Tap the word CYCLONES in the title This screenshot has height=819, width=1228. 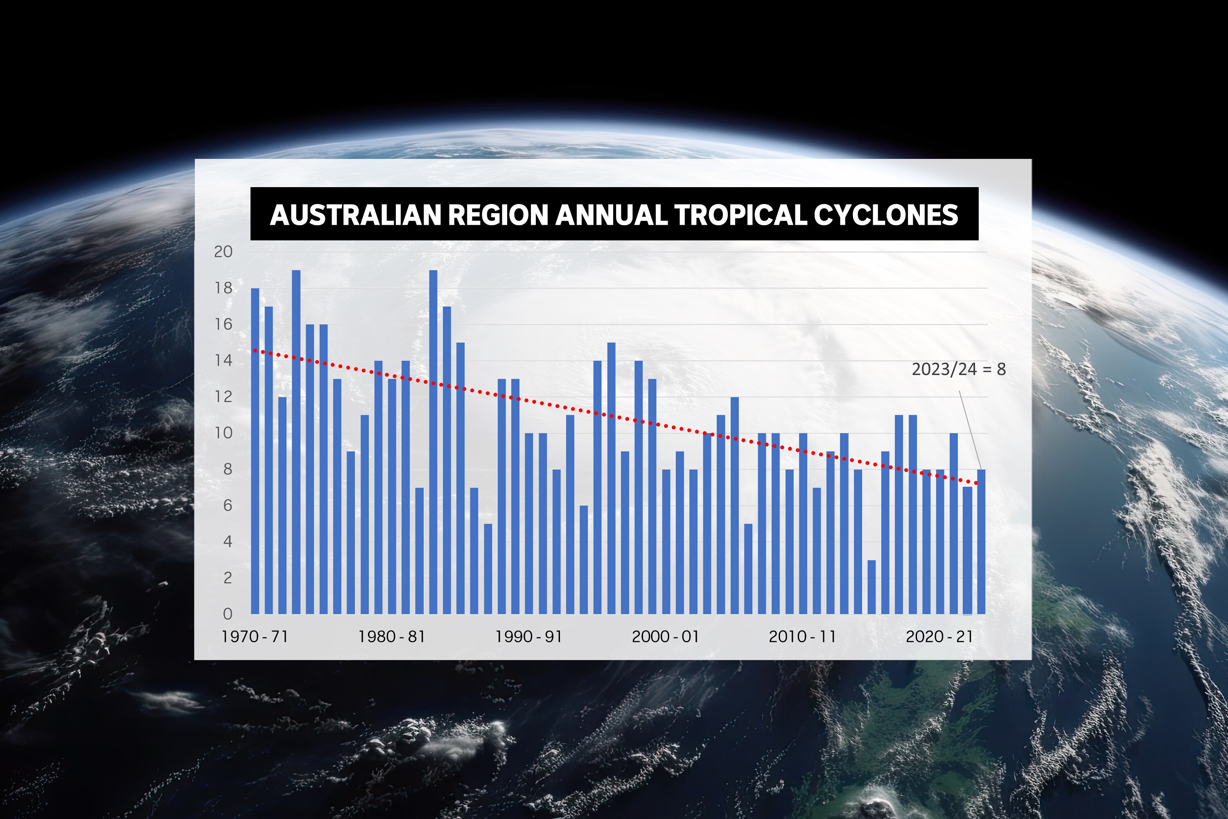pyautogui.click(x=885, y=215)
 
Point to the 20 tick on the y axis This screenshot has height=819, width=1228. pyautogui.click(x=223, y=252)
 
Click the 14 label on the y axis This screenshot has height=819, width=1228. pyautogui.click(x=223, y=360)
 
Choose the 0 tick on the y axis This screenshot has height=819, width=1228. pyautogui.click(x=228, y=614)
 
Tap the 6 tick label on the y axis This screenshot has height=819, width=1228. pyautogui.click(x=228, y=505)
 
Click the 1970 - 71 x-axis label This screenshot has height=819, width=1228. pyautogui.click(x=255, y=637)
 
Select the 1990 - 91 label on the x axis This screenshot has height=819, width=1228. pyautogui.click(x=528, y=637)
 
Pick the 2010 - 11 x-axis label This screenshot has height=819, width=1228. pyautogui.click(x=802, y=637)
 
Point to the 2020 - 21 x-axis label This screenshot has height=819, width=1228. pyautogui.click(x=939, y=637)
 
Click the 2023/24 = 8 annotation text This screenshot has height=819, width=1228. pyautogui.click(x=959, y=369)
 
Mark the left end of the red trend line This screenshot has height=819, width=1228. pyautogui.click(x=254, y=351)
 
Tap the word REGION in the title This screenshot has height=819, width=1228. pyautogui.click(x=498, y=215)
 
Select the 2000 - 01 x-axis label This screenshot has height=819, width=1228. pyautogui.click(x=665, y=637)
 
